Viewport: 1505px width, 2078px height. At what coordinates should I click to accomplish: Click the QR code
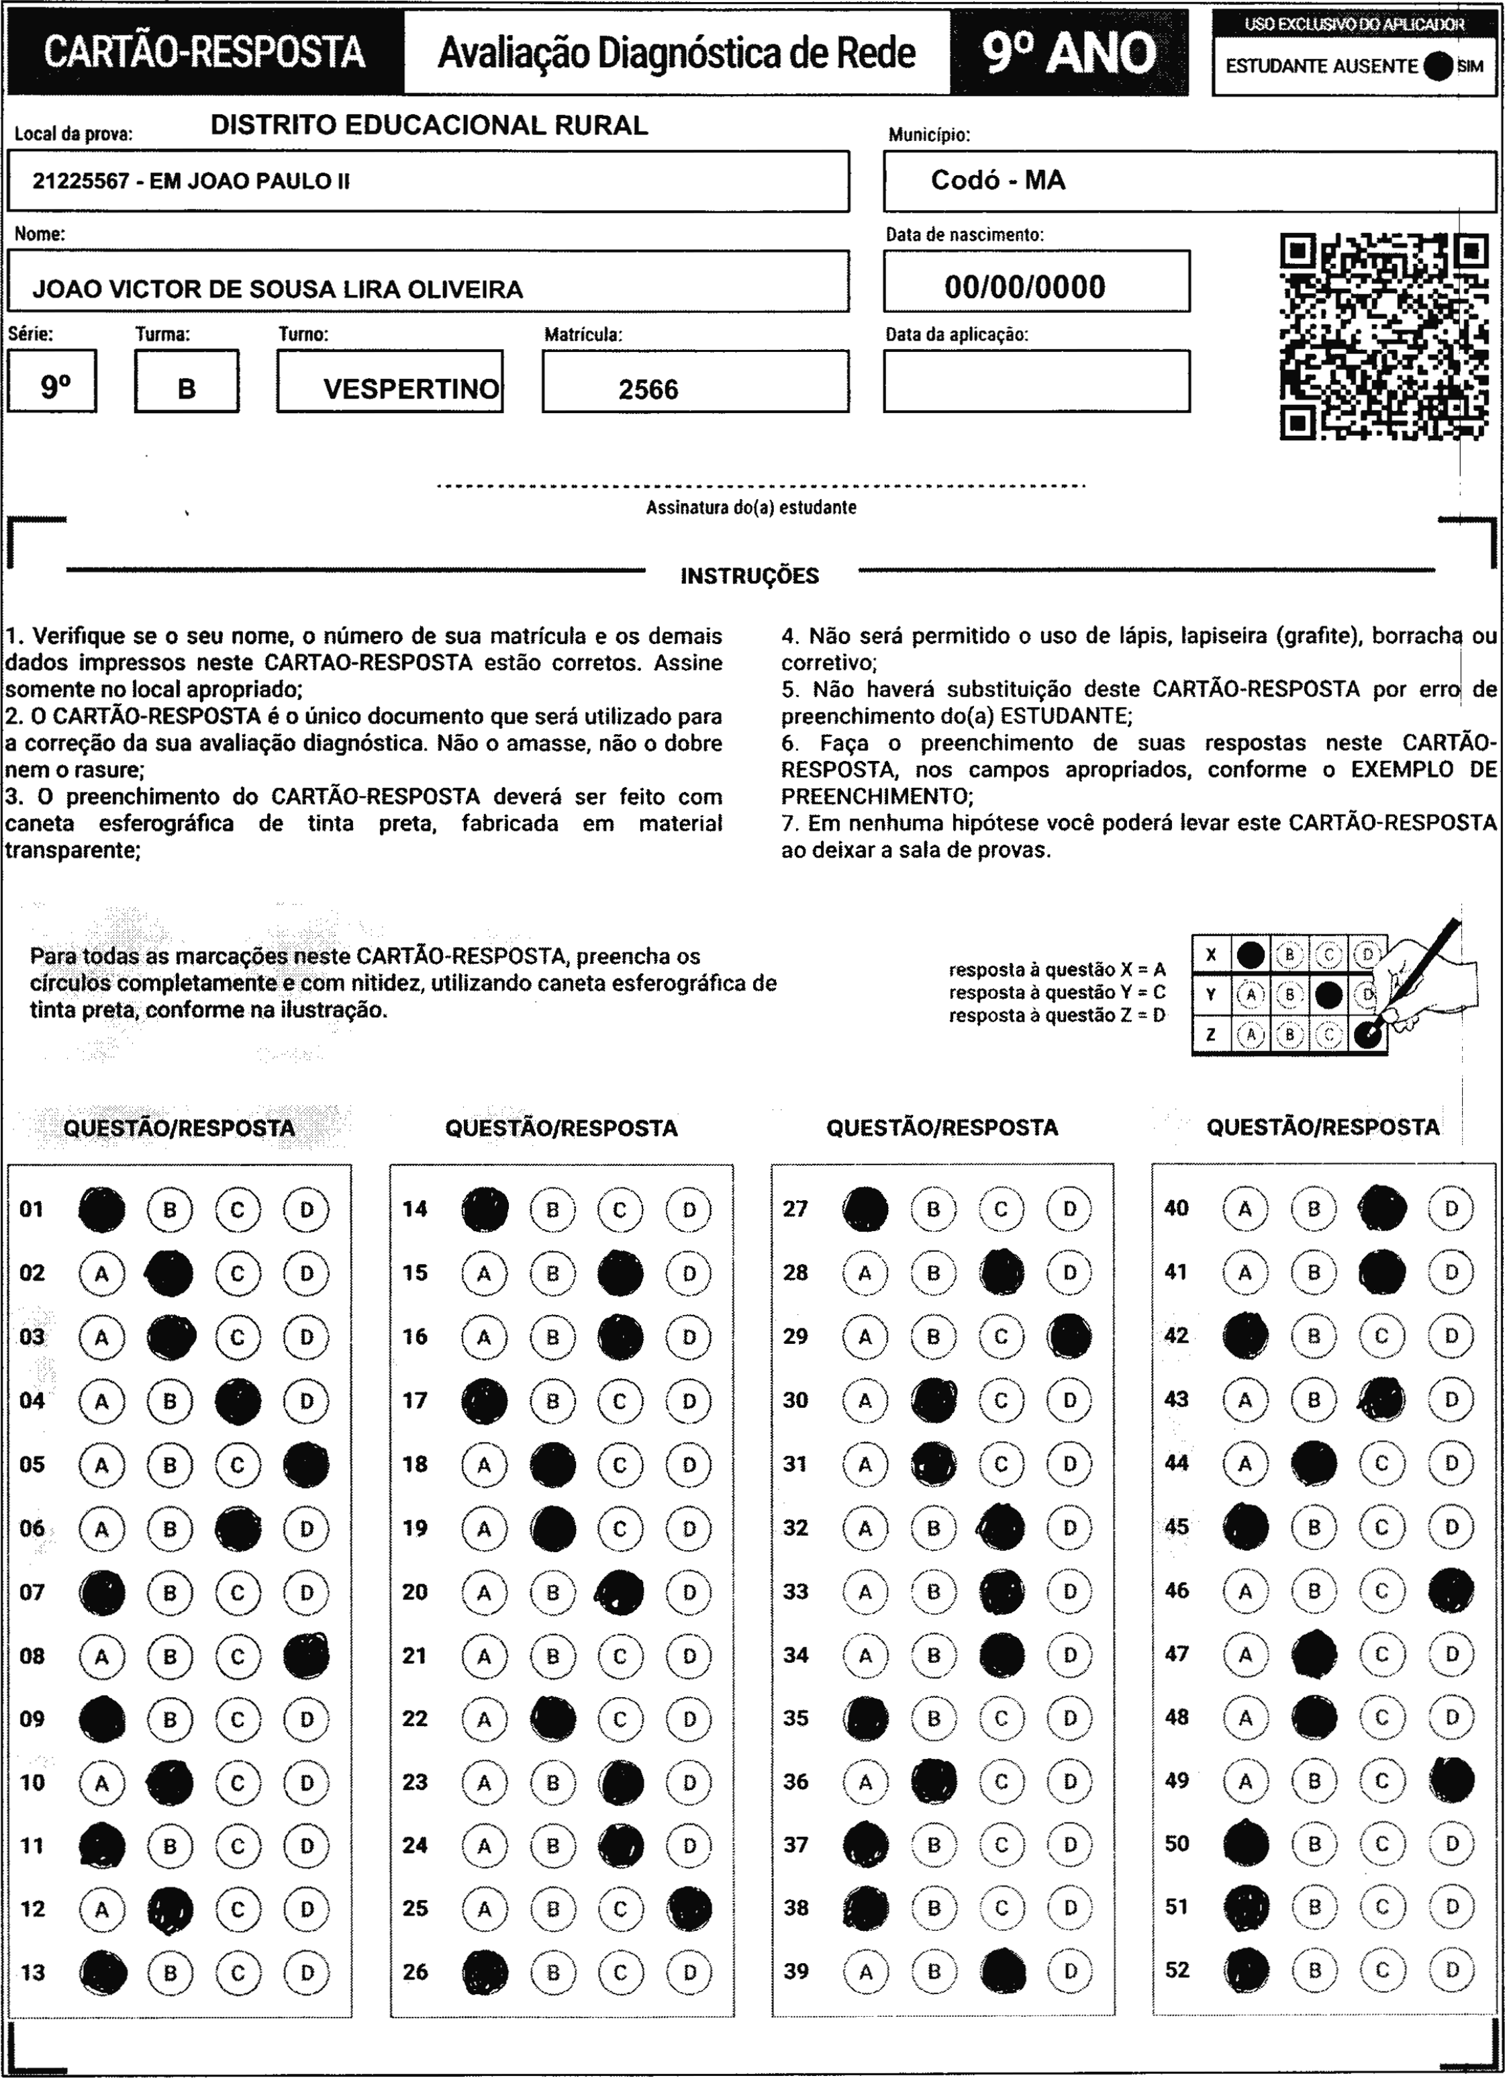(x=1383, y=336)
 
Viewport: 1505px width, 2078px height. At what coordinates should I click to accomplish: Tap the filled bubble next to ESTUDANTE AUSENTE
(x=1439, y=66)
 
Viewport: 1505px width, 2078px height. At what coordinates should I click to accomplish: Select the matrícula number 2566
(x=648, y=390)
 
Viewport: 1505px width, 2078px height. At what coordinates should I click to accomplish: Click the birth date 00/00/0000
(x=1025, y=287)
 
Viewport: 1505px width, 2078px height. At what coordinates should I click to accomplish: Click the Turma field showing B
(x=187, y=388)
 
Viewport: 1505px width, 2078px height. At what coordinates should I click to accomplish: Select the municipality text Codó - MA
(x=998, y=181)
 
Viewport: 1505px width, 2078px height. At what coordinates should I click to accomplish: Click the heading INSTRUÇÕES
(x=749, y=576)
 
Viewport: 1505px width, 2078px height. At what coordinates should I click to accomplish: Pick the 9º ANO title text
(x=1069, y=53)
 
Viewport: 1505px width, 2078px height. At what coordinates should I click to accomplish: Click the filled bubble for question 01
(x=101, y=1210)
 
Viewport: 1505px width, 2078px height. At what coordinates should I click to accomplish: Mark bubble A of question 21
(x=485, y=1656)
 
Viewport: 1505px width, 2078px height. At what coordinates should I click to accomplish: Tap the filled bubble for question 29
(x=1070, y=1337)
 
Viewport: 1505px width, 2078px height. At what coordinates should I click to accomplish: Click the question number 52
(x=1177, y=1969)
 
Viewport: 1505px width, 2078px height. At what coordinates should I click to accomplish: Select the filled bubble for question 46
(x=1451, y=1592)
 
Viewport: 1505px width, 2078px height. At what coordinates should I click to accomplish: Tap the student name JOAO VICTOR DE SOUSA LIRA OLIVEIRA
(x=277, y=289)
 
